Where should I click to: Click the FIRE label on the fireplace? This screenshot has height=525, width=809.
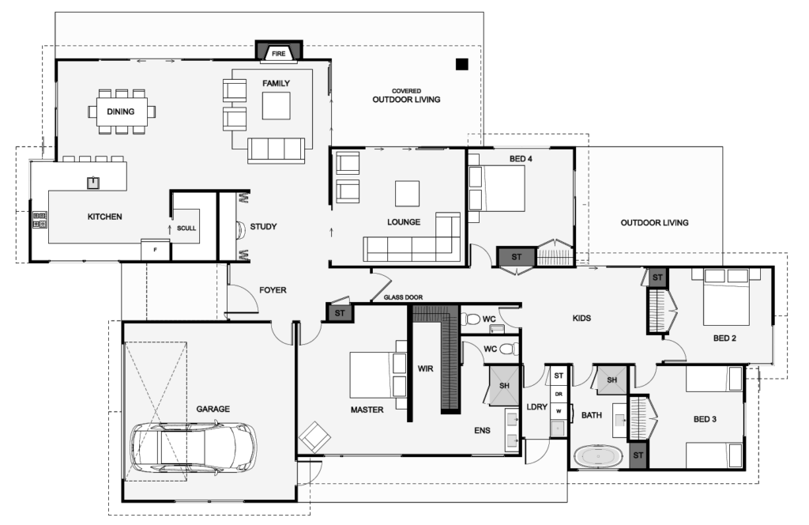point(278,54)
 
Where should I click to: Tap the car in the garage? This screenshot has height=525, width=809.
point(194,448)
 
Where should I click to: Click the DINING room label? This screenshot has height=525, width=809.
point(121,111)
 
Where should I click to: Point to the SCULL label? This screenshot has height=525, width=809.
point(187,228)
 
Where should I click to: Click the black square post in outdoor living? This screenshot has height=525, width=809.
point(462,64)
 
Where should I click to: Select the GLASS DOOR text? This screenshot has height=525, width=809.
point(403,297)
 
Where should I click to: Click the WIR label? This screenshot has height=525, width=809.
point(424,368)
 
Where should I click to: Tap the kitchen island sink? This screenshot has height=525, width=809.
point(92,182)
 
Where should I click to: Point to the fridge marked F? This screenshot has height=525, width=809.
point(155,250)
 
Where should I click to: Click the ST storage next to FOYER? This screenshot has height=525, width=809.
point(340,313)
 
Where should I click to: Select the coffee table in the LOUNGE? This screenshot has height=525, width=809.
point(408,193)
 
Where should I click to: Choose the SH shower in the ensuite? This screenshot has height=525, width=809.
point(504,386)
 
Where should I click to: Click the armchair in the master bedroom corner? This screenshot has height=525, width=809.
point(315,436)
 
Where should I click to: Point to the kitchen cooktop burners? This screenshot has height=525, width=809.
point(40,220)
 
